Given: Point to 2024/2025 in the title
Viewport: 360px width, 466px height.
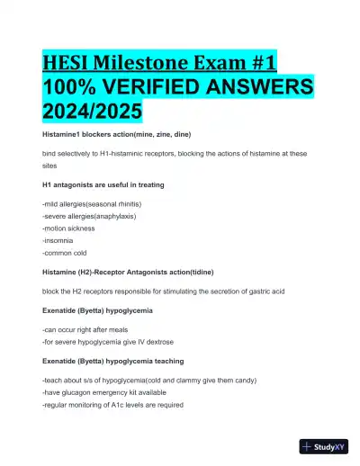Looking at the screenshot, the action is point(90,114).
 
